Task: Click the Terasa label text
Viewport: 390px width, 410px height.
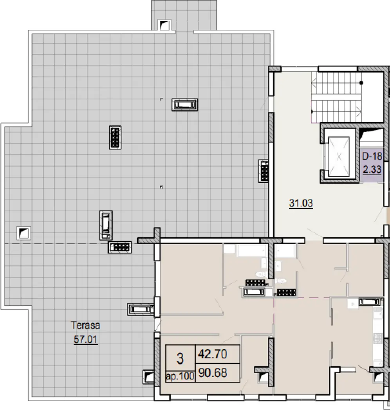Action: point(86,325)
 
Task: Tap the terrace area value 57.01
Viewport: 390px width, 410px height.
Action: point(86,340)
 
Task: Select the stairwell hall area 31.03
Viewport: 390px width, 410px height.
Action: point(301,203)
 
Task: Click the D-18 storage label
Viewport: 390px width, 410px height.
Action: point(372,156)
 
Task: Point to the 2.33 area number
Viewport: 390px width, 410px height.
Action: point(372,169)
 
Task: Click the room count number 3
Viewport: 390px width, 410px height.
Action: point(180,358)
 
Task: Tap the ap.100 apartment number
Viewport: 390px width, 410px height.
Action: point(180,376)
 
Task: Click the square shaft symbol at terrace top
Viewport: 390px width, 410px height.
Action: point(164,25)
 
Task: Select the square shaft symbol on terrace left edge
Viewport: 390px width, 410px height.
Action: point(23,233)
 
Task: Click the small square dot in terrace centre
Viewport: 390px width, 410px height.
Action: point(161,187)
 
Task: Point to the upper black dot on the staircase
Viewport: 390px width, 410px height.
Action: point(361,83)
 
